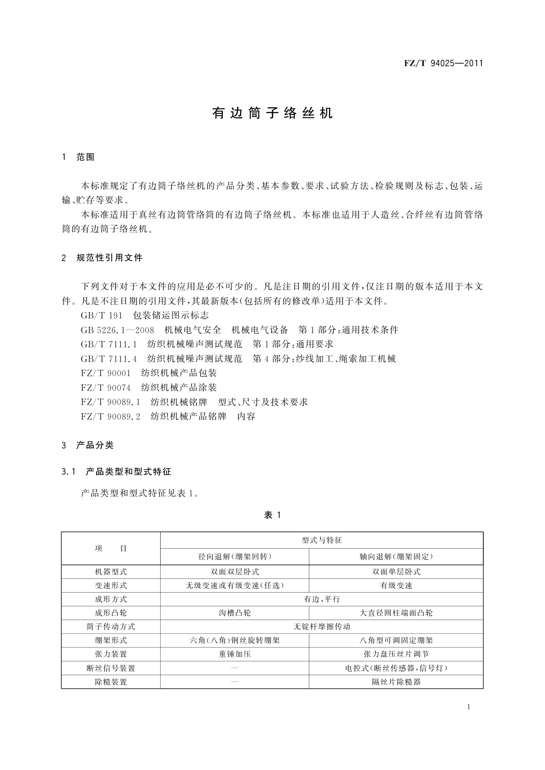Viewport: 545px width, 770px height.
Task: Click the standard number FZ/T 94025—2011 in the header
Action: coord(443,64)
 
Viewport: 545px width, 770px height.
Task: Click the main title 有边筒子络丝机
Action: coord(272,113)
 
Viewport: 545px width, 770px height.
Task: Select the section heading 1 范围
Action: coord(78,157)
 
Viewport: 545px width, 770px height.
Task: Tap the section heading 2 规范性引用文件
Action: coord(102,258)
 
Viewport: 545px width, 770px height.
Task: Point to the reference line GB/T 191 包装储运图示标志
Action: coord(145,315)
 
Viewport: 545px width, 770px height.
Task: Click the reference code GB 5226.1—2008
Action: coord(118,330)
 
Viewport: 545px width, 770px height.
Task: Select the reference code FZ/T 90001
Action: coord(106,373)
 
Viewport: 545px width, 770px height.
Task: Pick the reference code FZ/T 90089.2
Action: coord(111,417)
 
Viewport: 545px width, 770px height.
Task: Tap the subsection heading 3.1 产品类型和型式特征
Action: coord(116,471)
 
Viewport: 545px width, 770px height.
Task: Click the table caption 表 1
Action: coord(272,515)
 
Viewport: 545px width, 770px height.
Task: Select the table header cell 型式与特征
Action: coord(322,540)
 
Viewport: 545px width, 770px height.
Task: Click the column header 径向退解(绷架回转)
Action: coord(235,556)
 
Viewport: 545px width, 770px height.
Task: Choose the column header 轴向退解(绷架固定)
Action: coord(396,556)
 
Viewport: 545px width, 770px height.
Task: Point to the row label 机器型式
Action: coord(111,572)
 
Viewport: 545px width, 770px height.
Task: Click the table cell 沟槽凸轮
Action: coord(235,613)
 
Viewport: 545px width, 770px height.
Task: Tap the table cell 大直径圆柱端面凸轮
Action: coord(396,613)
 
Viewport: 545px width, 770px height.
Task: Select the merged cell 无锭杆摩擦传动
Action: coord(322,626)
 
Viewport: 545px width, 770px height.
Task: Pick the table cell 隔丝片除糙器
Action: coord(396,682)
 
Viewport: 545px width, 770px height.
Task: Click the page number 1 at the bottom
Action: coord(469,707)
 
